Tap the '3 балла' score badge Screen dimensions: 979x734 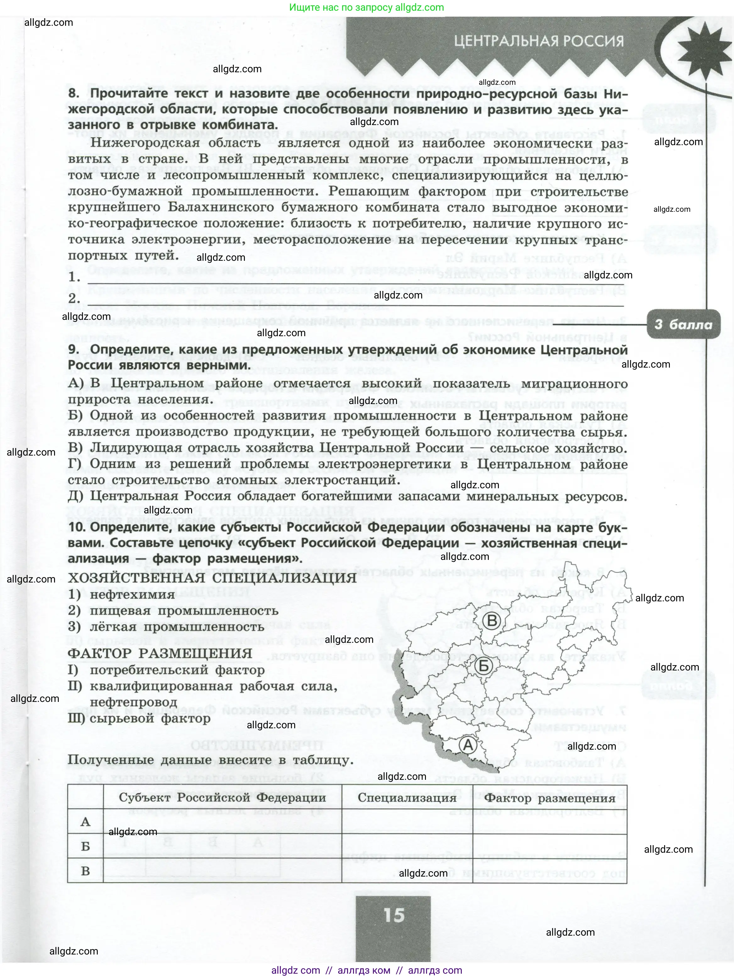click(683, 325)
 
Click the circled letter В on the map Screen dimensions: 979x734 click(492, 620)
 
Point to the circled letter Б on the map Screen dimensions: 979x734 click(484, 666)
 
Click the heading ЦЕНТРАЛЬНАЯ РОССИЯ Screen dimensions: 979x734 click(539, 41)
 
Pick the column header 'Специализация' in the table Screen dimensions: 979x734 click(407, 798)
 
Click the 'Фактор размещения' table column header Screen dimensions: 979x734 click(550, 798)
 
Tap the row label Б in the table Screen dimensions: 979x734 click(86, 846)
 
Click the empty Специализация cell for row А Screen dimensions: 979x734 click(407, 822)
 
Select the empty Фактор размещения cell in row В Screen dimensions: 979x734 click(550, 871)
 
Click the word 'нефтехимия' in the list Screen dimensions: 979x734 click(132, 594)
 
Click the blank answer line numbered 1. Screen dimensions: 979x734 click(354, 279)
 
